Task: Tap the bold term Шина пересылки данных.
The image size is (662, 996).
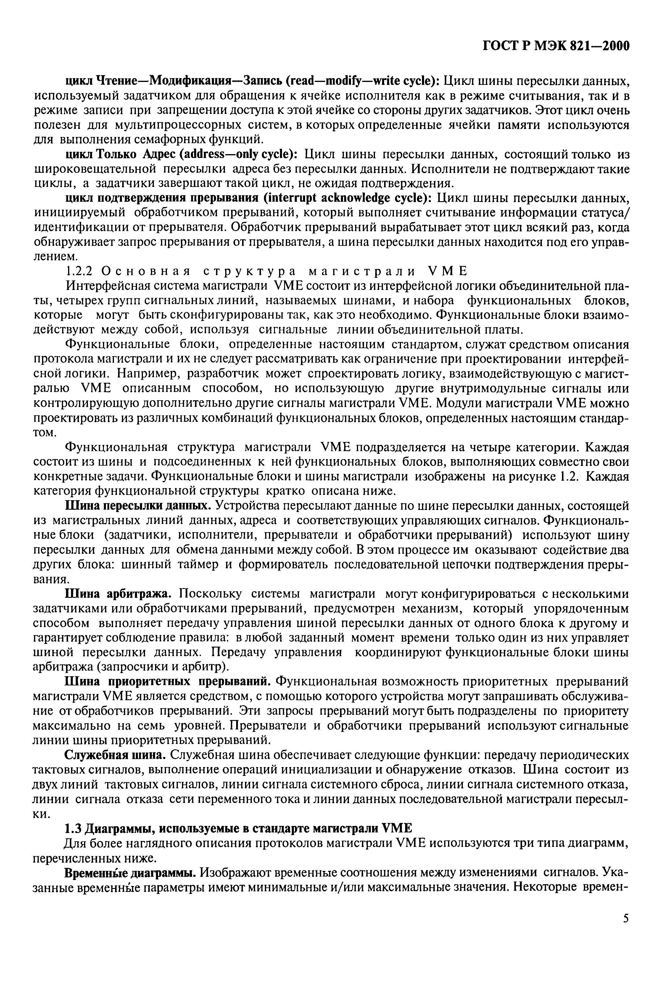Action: pos(136,506)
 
